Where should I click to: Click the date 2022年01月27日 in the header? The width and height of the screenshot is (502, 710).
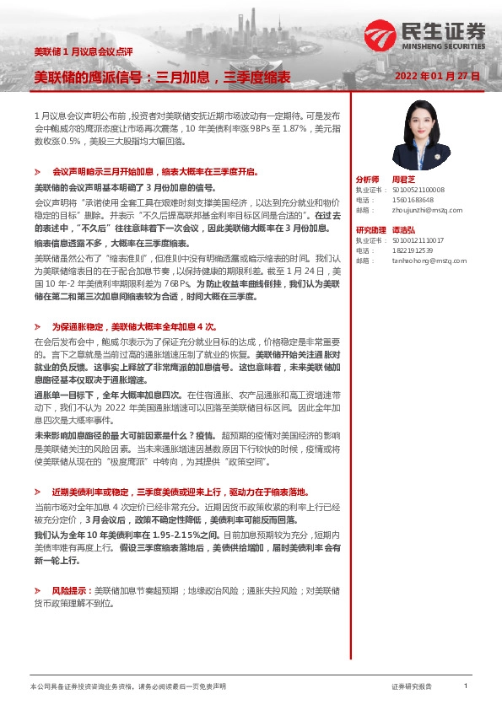tap(437, 76)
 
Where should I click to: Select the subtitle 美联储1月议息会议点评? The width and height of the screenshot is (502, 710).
tap(70, 52)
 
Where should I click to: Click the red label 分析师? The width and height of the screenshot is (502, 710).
tap(368, 180)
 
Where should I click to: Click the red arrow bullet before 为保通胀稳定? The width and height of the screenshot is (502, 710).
tap(39, 325)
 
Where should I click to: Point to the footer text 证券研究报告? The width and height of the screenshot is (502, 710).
tap(411, 687)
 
